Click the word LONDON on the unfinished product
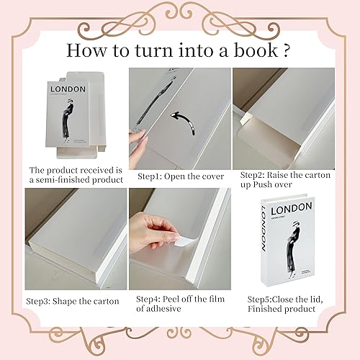(x=69, y=90)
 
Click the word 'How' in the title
(x=85, y=51)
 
